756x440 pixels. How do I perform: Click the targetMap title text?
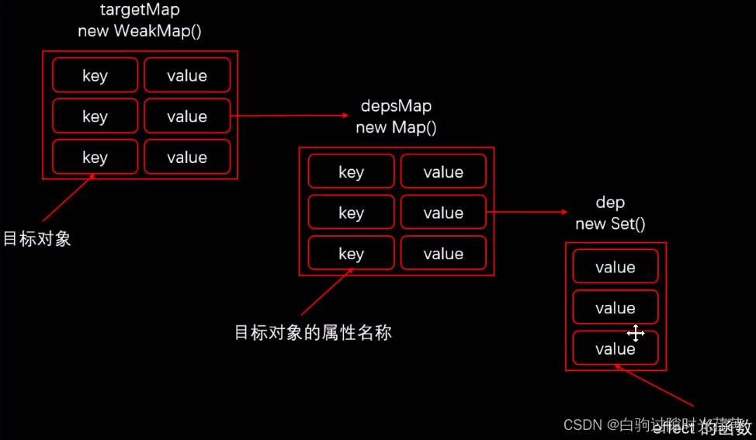140,11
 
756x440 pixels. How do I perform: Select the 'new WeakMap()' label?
140,31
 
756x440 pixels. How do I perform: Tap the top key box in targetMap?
95,75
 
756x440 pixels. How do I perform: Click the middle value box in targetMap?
187,116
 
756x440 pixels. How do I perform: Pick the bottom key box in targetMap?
95,158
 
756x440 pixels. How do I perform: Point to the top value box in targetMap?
187,75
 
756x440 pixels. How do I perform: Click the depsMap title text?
396,106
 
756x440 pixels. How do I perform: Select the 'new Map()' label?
396,127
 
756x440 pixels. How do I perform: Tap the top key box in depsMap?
351,172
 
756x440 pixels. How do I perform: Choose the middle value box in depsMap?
443,213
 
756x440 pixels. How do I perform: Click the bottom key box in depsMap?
351,254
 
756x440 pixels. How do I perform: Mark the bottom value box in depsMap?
443,254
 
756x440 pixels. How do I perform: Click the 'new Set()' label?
610,223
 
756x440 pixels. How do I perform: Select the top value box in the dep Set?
616,267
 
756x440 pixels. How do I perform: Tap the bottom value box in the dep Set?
616,349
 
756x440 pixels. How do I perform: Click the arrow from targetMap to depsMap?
291,116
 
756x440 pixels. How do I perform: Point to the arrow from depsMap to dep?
528,212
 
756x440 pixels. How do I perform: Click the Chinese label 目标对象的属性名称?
313,333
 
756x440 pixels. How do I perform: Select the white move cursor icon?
636,334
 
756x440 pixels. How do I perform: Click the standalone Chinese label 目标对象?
37,238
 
